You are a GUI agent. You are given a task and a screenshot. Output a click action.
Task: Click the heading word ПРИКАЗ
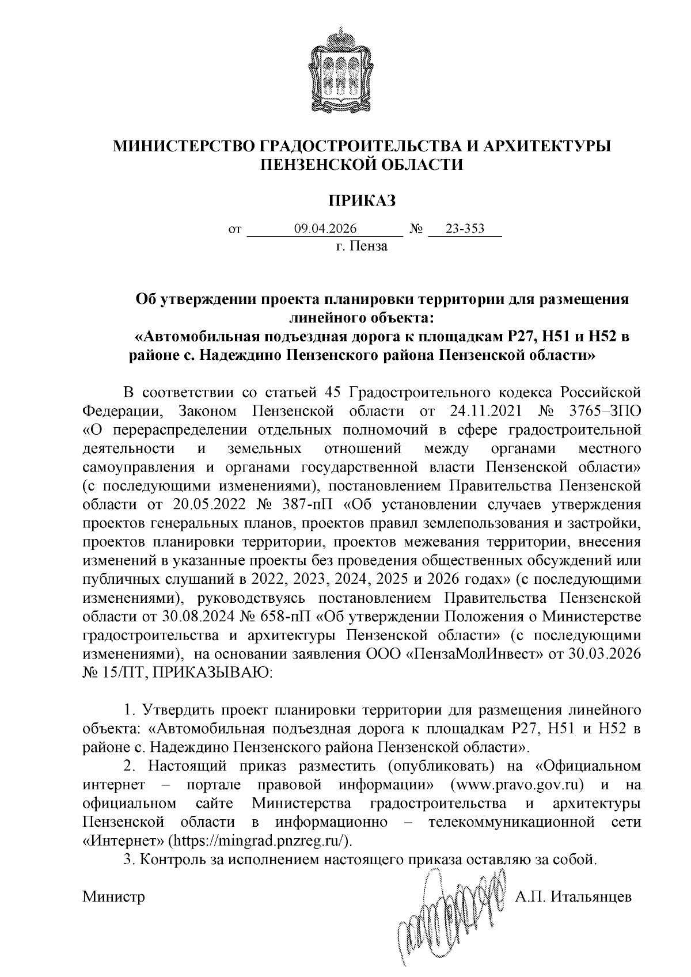coord(362,200)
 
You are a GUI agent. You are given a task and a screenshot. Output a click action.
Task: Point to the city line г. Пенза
coord(362,247)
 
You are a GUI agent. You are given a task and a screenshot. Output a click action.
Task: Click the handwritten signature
coord(449,915)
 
